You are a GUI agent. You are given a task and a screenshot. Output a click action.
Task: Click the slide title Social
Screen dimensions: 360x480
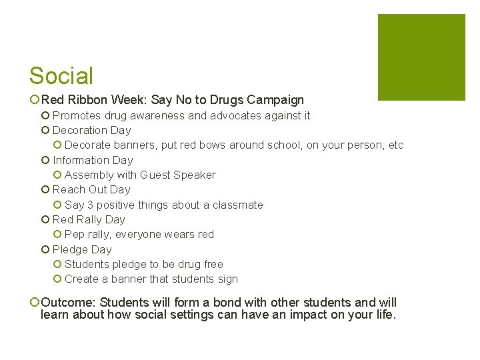pos(61,76)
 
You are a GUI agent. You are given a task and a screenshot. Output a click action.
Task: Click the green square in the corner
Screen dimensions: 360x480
pos(421,57)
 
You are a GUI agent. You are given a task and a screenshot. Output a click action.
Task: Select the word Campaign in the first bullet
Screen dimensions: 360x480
pos(275,100)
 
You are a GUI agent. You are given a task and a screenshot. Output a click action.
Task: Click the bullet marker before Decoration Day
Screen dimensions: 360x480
pos(45,131)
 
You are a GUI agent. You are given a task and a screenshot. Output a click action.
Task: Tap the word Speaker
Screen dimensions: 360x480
pos(195,175)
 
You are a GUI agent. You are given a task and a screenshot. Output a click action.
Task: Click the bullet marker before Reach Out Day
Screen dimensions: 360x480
pos(45,190)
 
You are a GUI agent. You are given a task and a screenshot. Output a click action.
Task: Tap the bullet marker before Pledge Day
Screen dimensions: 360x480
pos(45,249)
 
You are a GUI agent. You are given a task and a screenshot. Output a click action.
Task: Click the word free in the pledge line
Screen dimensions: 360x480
pos(213,264)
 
